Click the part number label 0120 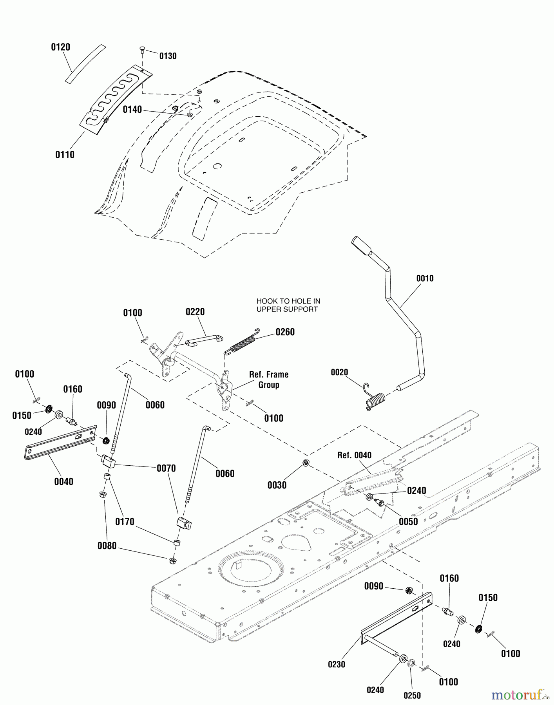click(60, 47)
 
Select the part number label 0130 click(168, 56)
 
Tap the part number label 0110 click(65, 155)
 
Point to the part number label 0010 click(425, 278)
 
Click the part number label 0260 click(285, 332)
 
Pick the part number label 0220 click(195, 312)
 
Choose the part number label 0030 click(277, 485)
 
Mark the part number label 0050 click(408, 521)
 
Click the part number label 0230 click(336, 664)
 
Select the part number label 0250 click(412, 695)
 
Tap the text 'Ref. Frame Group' click(269, 380)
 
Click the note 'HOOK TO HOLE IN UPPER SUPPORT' click(288, 305)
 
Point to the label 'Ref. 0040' click(354, 455)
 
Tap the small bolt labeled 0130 click(142, 50)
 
